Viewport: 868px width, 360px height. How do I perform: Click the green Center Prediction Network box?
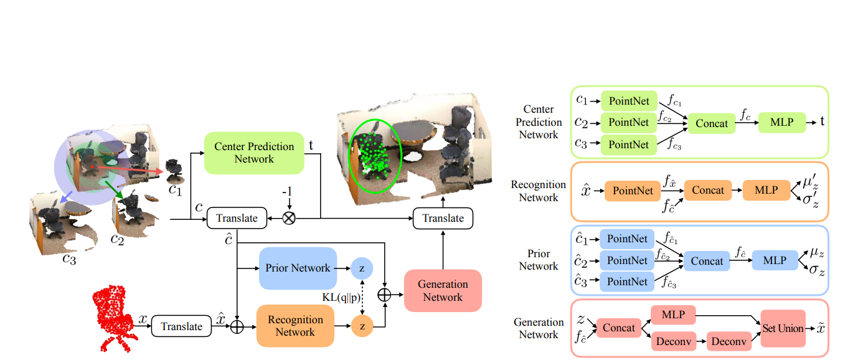click(253, 153)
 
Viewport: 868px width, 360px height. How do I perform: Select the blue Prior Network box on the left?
click(297, 268)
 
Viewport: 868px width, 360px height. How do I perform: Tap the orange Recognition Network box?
click(295, 326)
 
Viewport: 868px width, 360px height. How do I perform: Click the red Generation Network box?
click(443, 290)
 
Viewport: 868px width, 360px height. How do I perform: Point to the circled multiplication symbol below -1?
click(288, 218)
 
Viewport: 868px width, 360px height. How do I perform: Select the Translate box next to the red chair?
click(181, 326)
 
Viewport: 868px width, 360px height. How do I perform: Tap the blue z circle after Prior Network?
click(362, 268)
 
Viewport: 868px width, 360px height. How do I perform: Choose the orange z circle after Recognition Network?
click(362, 326)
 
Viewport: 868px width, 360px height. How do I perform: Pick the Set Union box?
click(782, 328)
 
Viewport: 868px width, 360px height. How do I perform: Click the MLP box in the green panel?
click(781, 122)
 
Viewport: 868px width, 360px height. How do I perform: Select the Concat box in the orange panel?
click(707, 191)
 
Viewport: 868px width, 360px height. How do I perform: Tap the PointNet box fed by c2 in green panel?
click(628, 122)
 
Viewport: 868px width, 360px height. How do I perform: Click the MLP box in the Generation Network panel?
click(673, 315)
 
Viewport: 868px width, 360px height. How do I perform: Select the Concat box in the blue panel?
click(707, 261)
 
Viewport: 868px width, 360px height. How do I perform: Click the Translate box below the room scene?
click(443, 218)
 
